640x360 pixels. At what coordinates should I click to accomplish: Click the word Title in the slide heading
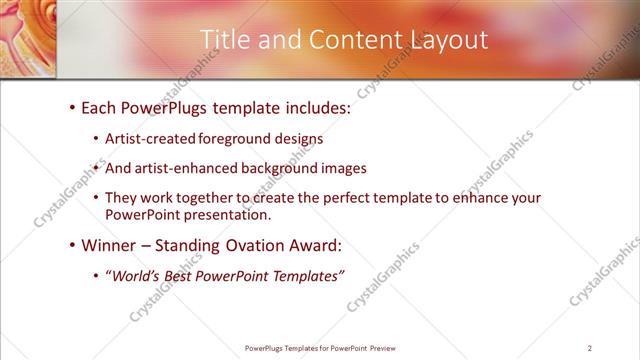coord(225,39)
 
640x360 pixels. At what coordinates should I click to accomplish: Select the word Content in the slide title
coord(346,39)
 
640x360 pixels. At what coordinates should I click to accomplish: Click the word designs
coord(299,139)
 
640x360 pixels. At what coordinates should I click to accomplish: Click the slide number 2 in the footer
coord(590,348)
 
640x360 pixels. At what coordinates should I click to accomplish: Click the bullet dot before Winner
coord(73,245)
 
